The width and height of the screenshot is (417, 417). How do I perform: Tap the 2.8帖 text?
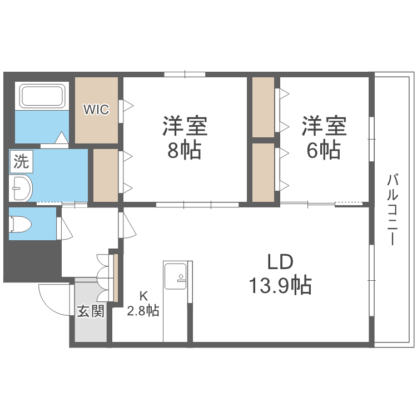(x=143, y=311)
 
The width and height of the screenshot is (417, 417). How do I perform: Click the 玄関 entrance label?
(x=91, y=311)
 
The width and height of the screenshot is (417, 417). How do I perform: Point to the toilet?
(x=21, y=224)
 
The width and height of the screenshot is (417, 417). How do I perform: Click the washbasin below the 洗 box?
(x=22, y=188)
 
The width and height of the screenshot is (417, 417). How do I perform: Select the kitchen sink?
(x=177, y=275)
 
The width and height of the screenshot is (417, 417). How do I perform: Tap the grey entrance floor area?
(x=91, y=328)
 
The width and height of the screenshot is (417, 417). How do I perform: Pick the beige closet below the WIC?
(x=105, y=175)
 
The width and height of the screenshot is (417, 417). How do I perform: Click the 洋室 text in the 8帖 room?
(x=185, y=126)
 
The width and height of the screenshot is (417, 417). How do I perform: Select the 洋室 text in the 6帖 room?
(x=325, y=126)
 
